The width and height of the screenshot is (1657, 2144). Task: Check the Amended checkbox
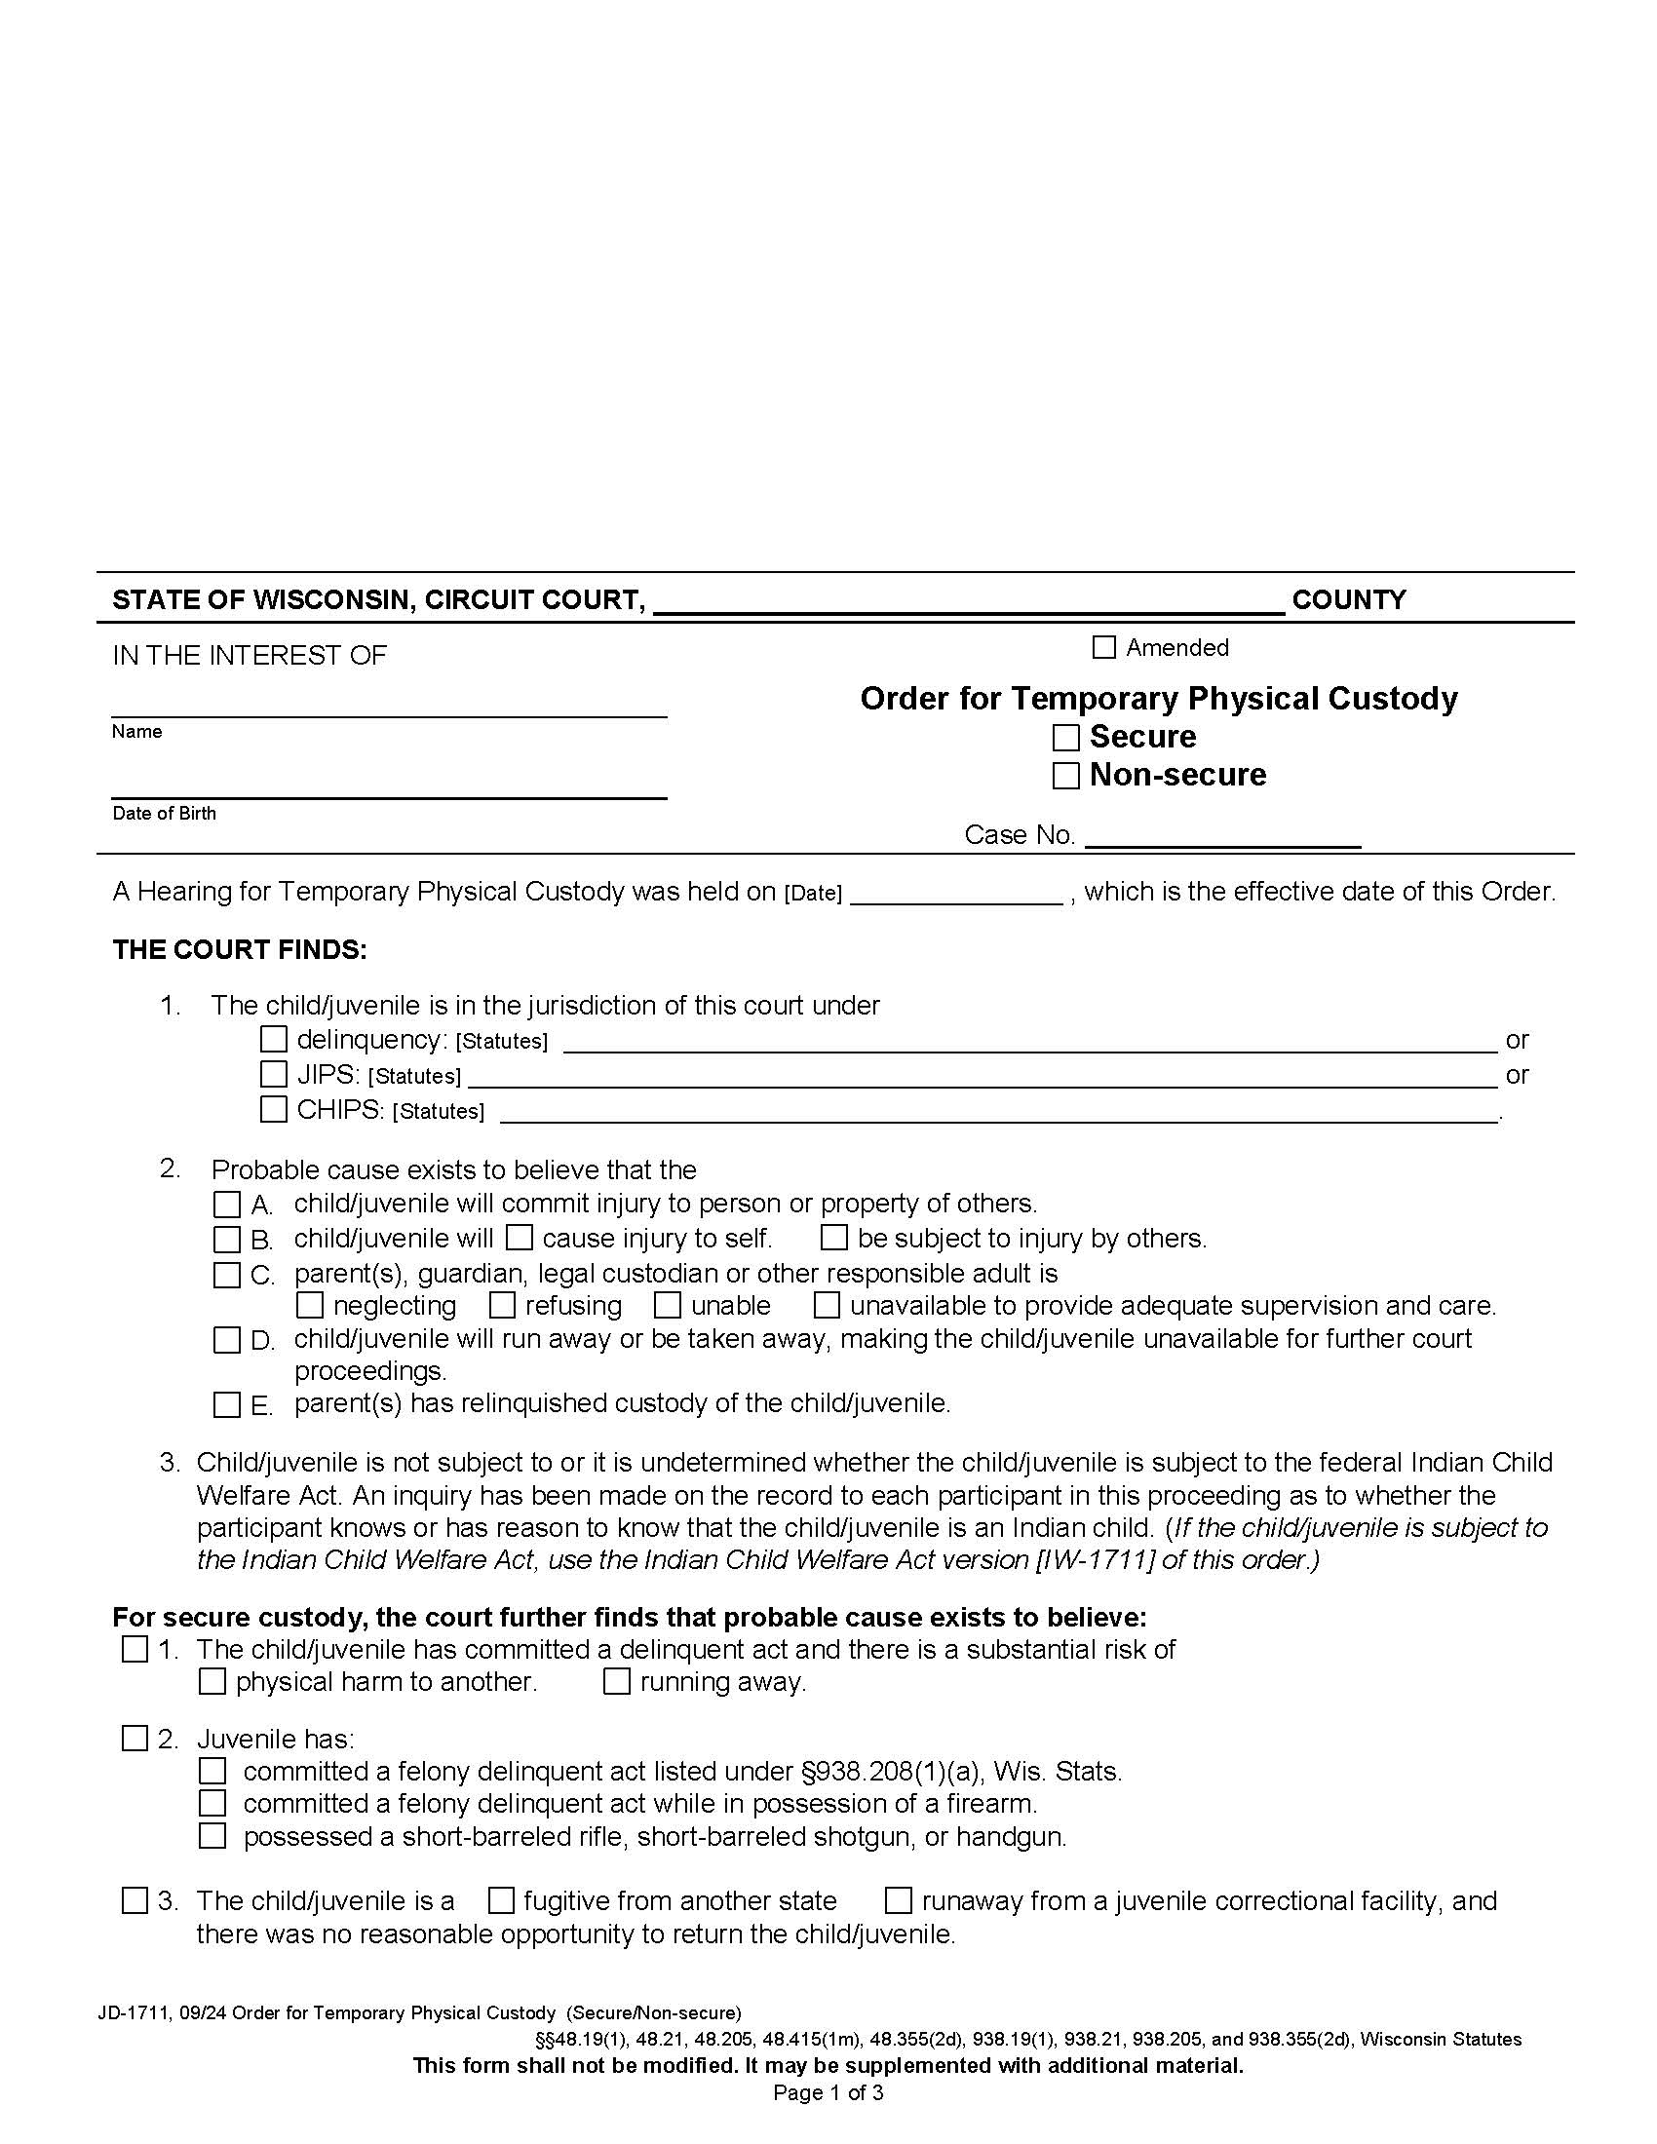pyautogui.click(x=1104, y=647)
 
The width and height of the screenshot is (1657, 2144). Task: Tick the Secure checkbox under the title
pyautogui.click(x=1065, y=738)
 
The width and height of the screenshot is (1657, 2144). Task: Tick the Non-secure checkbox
pyautogui.click(x=1065, y=776)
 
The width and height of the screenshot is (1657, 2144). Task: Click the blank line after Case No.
pyautogui.click(x=1222, y=836)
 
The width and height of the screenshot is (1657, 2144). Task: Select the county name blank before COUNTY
pyautogui.click(x=968, y=600)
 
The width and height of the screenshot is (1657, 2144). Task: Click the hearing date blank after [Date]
pyautogui.click(x=956, y=894)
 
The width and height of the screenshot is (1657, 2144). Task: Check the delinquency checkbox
pyautogui.click(x=273, y=1039)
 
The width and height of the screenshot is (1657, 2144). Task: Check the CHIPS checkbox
pyautogui.click(x=273, y=1109)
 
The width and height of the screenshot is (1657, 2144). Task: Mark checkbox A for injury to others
pyautogui.click(x=227, y=1205)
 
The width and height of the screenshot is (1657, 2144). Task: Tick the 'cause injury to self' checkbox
pyautogui.click(x=520, y=1238)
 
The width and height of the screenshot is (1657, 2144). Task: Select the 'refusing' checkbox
pyautogui.click(x=503, y=1305)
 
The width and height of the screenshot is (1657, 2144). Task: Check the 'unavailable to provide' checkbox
pyautogui.click(x=827, y=1305)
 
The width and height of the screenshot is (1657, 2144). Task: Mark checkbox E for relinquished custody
pyautogui.click(x=227, y=1404)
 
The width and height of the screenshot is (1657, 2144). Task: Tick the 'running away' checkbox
pyautogui.click(x=616, y=1682)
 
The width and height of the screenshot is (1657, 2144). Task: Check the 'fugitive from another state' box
pyautogui.click(x=501, y=1901)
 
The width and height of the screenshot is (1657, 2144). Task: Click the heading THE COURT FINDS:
pyautogui.click(x=240, y=950)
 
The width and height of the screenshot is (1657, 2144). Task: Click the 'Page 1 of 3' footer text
pyautogui.click(x=828, y=2093)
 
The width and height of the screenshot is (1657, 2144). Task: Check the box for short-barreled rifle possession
pyautogui.click(x=212, y=1836)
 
